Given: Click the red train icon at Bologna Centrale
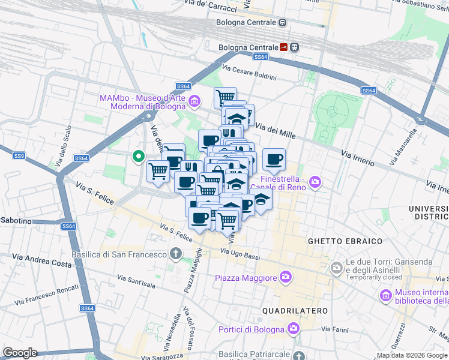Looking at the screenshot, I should [x=283, y=47].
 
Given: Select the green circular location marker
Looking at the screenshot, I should [x=139, y=157].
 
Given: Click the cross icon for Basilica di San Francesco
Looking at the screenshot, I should [x=175, y=254].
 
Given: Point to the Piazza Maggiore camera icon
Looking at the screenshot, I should [x=286, y=277].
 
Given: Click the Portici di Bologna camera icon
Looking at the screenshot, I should [x=293, y=329].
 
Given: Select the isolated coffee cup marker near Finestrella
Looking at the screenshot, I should [x=274, y=160].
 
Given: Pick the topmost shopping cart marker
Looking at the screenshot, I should [x=225, y=97].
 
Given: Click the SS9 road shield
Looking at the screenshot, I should [x=19, y=156].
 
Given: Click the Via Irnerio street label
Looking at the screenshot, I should [x=358, y=158].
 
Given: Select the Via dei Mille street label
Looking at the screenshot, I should [x=276, y=130].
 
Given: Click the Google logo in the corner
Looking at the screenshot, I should [x=20, y=353].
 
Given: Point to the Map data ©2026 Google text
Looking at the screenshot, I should [x=412, y=355].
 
